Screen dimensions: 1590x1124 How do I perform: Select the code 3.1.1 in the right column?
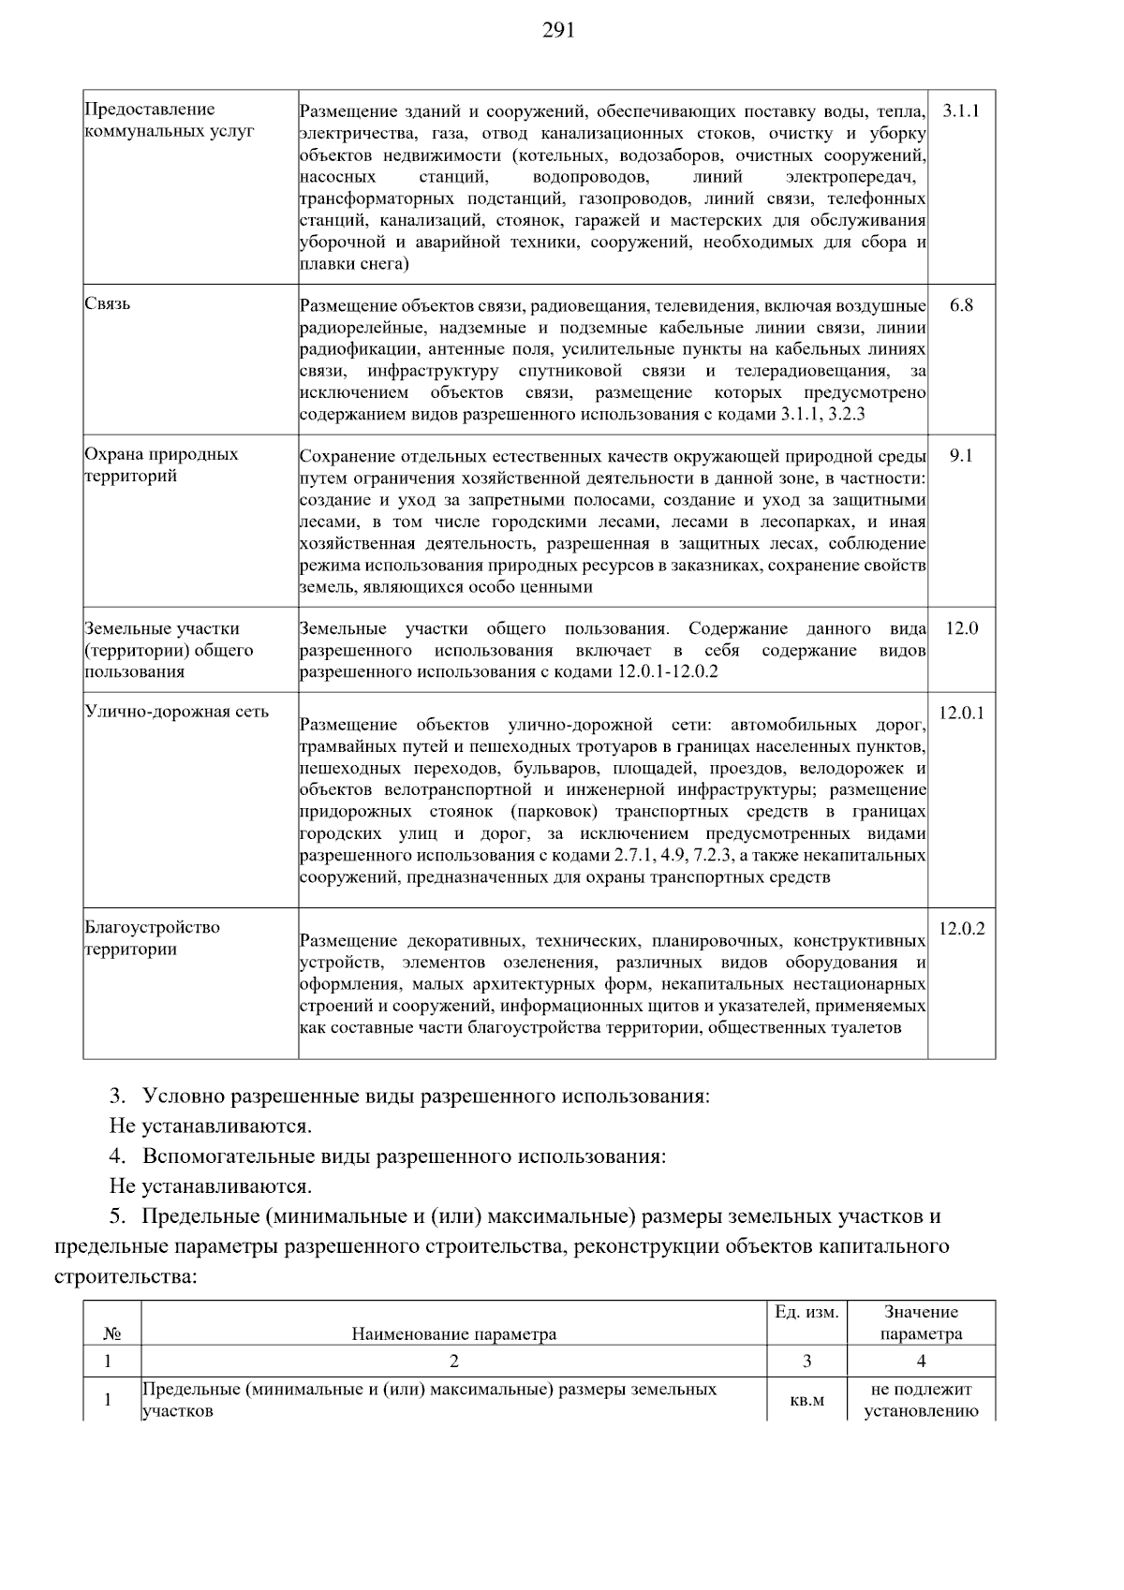pos(961,110)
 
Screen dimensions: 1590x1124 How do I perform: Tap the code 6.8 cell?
pos(961,305)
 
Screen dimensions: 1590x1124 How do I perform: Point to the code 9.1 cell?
pos(961,455)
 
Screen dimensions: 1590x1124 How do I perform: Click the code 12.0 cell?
pos(961,628)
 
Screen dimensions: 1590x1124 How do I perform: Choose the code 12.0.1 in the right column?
pos(961,714)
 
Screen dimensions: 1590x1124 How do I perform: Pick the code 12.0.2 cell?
pos(961,929)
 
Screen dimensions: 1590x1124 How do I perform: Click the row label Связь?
pos(108,304)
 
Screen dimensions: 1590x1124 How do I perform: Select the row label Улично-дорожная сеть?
pos(177,712)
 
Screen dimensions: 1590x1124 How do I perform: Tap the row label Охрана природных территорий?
pos(161,465)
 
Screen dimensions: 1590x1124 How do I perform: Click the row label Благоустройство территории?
pos(152,938)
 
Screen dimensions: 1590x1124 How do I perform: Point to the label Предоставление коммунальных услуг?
pos(169,121)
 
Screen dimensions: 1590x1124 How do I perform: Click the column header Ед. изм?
pos(806,1313)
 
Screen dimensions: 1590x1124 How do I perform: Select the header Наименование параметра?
pos(453,1334)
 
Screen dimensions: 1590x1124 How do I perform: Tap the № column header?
pos(111,1334)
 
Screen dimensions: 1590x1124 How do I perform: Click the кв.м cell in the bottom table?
pos(806,1401)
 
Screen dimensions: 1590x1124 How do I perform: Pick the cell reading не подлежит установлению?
pos(921,1401)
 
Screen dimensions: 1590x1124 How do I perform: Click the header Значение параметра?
pos(921,1323)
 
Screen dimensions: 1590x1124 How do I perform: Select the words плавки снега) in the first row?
pos(354,265)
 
